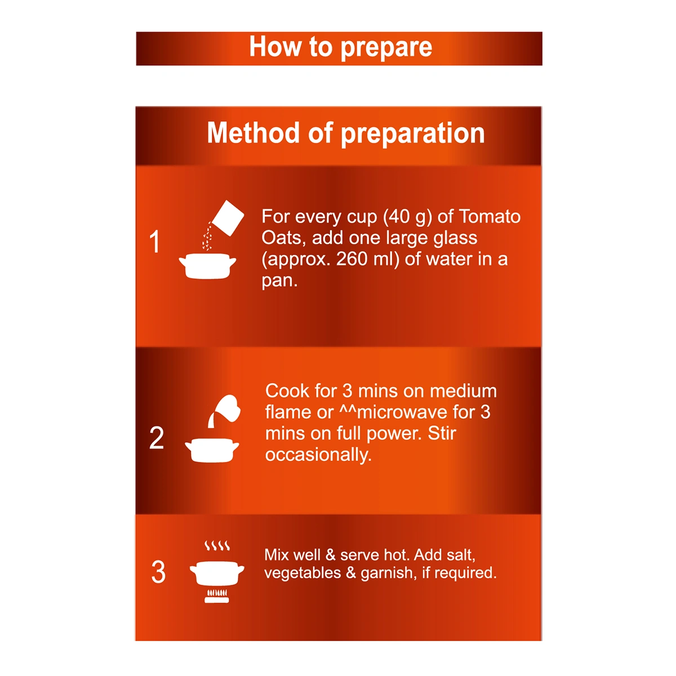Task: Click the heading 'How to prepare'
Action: click(340, 47)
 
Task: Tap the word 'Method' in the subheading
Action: click(252, 133)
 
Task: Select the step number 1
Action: click(155, 242)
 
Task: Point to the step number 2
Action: click(157, 438)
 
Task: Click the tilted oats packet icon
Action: click(228, 218)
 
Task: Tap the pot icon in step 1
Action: click(208, 266)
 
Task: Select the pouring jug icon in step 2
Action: click(225, 411)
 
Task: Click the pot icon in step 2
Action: click(212, 451)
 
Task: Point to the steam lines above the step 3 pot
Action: click(217, 546)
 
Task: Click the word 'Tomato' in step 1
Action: click(490, 216)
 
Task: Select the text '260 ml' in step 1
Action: click(367, 260)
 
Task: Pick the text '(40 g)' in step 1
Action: click(407, 217)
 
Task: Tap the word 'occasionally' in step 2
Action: click(317, 455)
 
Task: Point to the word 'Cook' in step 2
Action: click(287, 391)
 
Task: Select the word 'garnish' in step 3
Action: click(386, 573)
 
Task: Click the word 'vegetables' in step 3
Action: click(303, 573)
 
